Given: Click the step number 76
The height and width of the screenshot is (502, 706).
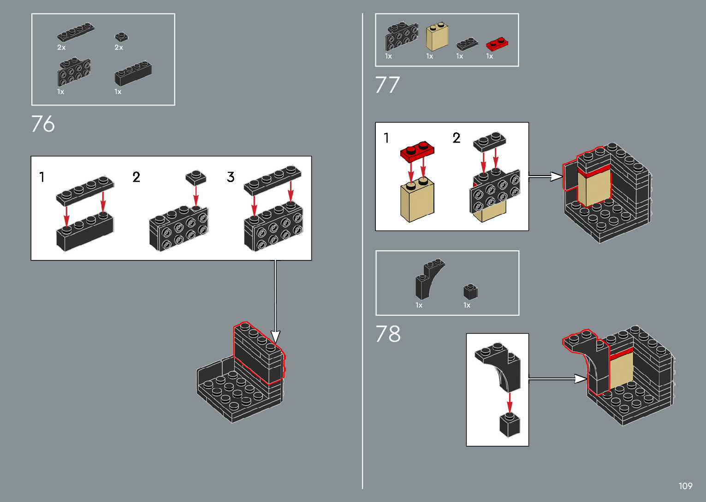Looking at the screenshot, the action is tap(43, 124).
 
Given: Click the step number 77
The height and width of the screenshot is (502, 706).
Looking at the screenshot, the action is tap(387, 85).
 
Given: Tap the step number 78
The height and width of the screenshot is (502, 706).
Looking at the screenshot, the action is tap(388, 334).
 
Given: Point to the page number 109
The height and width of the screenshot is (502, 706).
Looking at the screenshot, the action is tap(685, 486).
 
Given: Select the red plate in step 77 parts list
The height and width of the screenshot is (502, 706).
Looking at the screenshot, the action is tap(497, 44).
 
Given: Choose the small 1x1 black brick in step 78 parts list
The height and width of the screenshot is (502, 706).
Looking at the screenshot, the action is tap(470, 292).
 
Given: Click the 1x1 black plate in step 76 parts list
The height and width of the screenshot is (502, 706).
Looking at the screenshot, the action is tap(121, 37).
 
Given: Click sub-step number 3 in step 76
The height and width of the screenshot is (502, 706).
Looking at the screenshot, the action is tap(231, 177).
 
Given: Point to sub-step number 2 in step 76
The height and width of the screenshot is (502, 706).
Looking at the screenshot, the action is tap(136, 177).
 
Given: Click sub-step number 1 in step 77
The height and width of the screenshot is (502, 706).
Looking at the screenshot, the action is tap(386, 138).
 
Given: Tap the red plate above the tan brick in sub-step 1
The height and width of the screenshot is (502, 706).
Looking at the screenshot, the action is tap(417, 151).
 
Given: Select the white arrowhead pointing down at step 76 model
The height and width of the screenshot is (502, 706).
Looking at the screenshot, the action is tap(275, 337).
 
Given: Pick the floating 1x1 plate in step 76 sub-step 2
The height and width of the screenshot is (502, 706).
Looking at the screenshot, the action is tap(196, 177).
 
